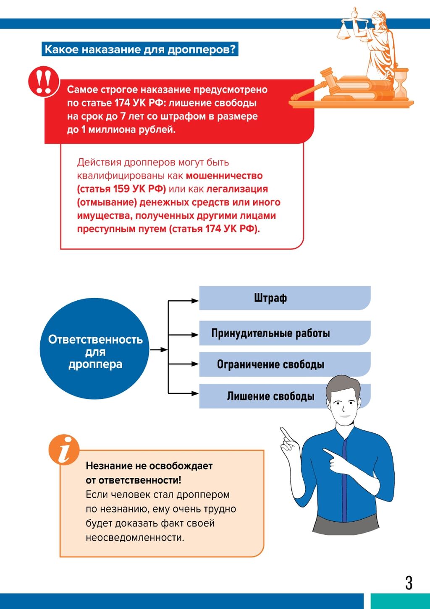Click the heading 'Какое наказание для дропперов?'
tap(140, 49)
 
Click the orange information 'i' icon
tap(64, 450)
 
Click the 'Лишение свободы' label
tap(270, 396)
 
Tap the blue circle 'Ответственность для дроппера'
tap(95, 349)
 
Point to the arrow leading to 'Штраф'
tap(185, 301)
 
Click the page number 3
tap(409, 583)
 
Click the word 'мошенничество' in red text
tap(224, 176)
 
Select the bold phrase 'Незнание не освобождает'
tap(149, 466)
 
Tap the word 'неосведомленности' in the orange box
tap(135, 537)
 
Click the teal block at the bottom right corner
tap(400, 601)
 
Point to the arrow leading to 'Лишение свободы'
tap(185, 393)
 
